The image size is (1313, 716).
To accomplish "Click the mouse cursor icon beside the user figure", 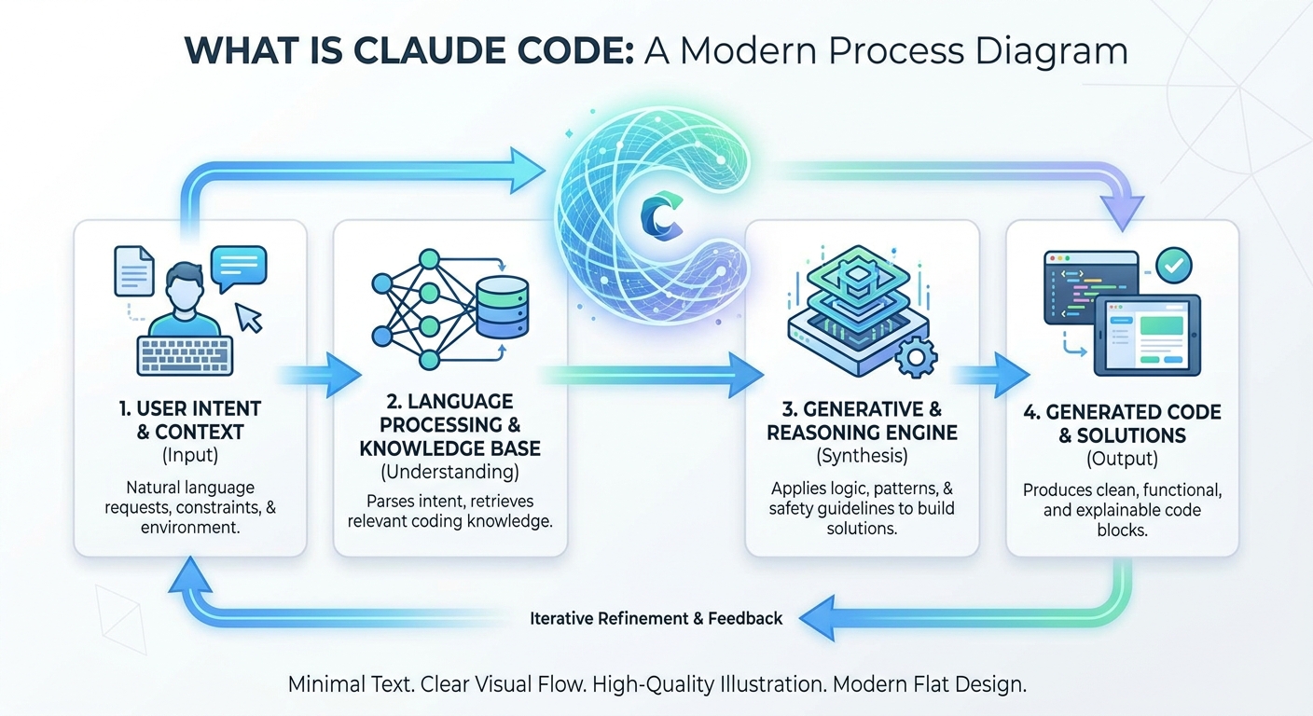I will [x=250, y=318].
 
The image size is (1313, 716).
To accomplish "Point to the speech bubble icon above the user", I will [x=238, y=267].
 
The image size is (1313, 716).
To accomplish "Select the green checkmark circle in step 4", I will [x=1172, y=266].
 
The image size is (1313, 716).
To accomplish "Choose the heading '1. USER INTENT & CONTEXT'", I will [x=189, y=420].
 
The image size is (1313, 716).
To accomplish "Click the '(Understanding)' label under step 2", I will [x=449, y=472].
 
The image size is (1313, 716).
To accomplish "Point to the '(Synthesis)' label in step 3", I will [x=862, y=456].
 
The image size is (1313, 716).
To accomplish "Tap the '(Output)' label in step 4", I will [x=1122, y=459].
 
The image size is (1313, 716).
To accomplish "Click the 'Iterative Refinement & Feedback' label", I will [x=656, y=618].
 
